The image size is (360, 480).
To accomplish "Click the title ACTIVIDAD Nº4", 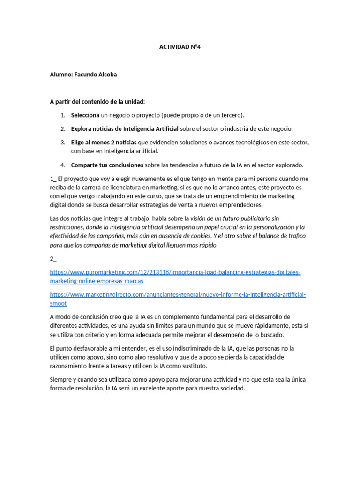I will (180, 47).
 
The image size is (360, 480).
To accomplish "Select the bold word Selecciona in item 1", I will (85, 115).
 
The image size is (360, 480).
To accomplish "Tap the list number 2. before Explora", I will (62, 128).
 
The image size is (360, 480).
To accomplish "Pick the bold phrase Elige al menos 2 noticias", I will (104, 142).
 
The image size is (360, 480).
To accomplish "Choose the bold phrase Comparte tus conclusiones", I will (107, 165).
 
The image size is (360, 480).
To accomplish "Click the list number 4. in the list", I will (62, 165).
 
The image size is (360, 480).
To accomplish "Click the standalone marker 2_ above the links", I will (52, 258).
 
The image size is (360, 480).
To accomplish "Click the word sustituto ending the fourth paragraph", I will (194, 366).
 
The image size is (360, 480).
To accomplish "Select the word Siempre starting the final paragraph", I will (60, 379).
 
